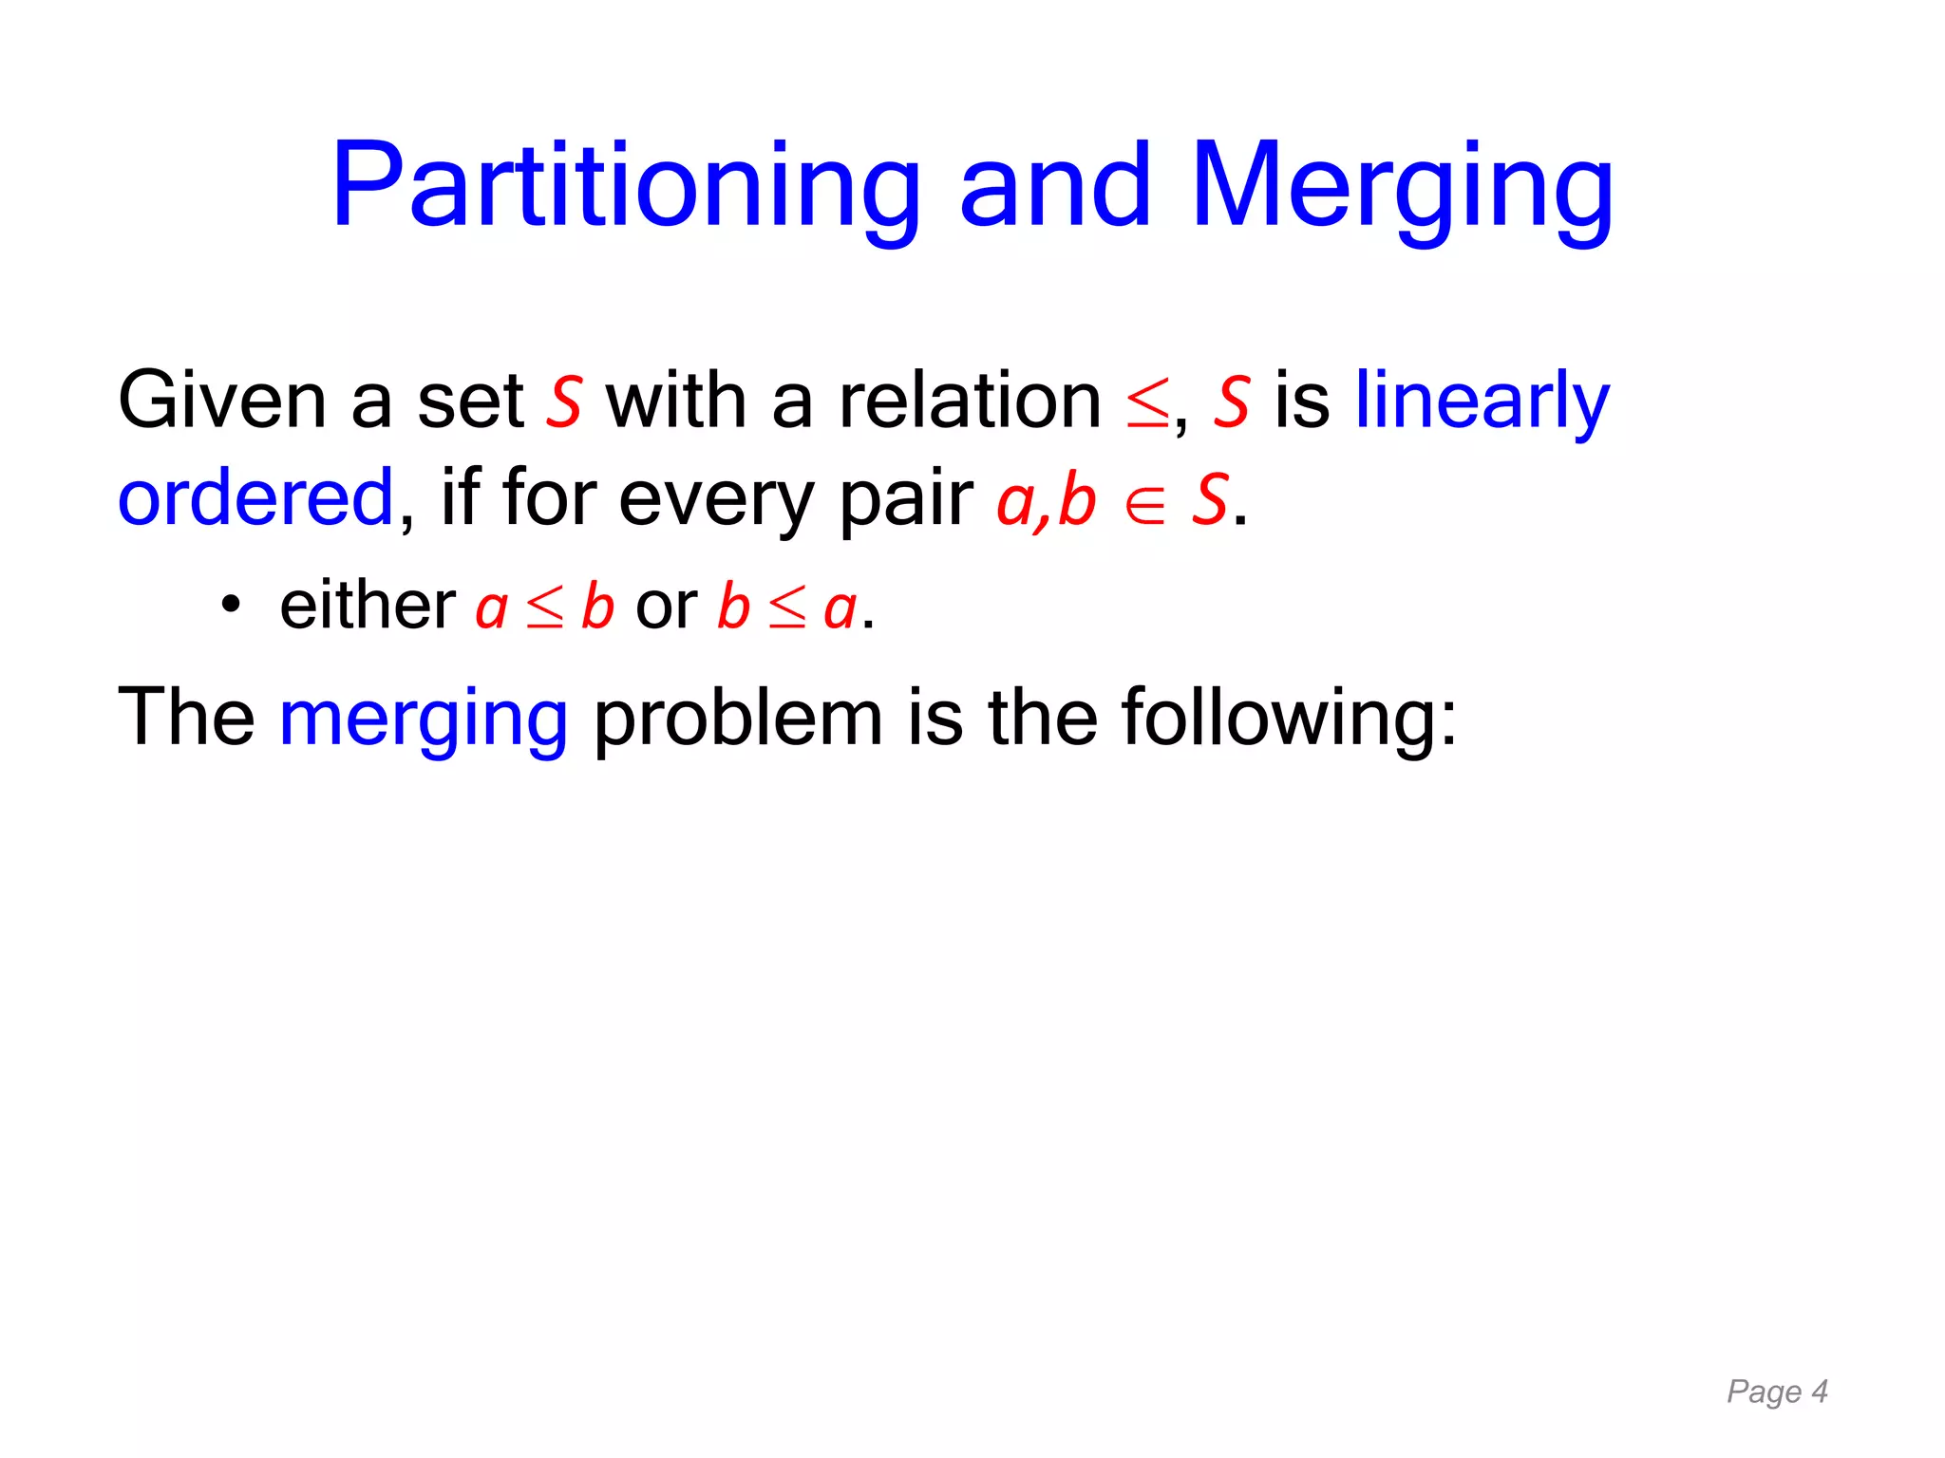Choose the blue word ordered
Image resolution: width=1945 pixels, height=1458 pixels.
click(255, 497)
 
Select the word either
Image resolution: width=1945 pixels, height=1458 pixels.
click(368, 605)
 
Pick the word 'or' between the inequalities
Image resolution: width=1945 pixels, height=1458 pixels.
click(666, 606)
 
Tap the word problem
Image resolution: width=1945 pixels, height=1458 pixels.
click(738, 719)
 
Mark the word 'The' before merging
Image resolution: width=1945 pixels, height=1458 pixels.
click(186, 717)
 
